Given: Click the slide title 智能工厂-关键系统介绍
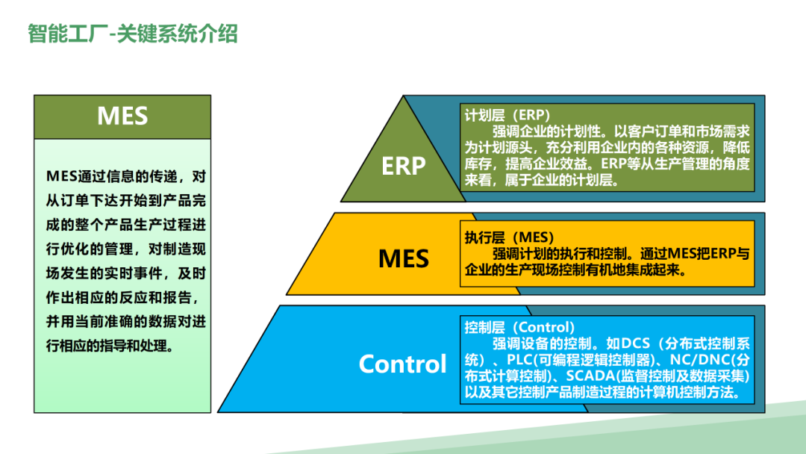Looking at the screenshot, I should click(133, 34).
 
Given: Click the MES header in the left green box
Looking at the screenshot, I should click(122, 116).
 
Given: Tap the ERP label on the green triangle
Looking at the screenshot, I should click(404, 166).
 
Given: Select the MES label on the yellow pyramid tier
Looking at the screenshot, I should click(404, 258).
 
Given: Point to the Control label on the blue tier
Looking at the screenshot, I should click(402, 364).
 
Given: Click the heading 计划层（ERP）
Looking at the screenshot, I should click(507, 115).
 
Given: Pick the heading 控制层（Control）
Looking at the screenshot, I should click(519, 327).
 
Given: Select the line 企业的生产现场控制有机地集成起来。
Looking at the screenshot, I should click(575, 270).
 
